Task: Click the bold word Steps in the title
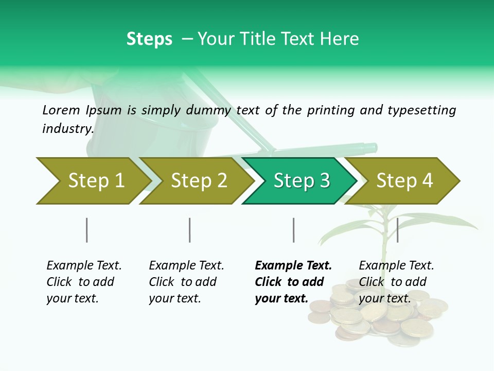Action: (149, 39)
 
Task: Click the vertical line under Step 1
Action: (87, 230)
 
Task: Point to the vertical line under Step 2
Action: (190, 230)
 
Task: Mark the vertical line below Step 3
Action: (294, 230)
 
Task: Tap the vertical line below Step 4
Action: (397, 230)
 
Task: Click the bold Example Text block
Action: (293, 282)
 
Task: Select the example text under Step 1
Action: (84, 282)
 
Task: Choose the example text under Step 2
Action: (186, 282)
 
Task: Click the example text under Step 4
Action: (396, 282)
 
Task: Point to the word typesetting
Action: (421, 110)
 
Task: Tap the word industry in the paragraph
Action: (67, 129)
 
